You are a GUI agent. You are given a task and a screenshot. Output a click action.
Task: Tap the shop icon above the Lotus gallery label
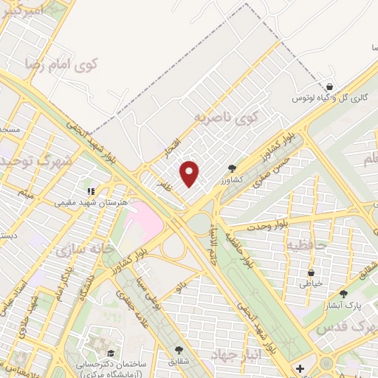coord(329,86)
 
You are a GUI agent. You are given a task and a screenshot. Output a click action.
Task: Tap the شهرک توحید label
coord(38,160)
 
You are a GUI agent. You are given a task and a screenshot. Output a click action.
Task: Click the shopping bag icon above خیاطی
coord(311,271)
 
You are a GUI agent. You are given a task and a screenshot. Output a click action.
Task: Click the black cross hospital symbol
coord(299,368)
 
